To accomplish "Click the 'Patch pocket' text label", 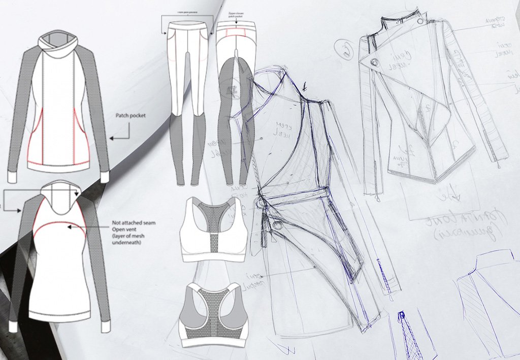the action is [x=131, y=116].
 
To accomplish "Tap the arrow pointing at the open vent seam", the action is [x=89, y=228].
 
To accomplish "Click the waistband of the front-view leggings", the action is [x=187, y=24].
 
